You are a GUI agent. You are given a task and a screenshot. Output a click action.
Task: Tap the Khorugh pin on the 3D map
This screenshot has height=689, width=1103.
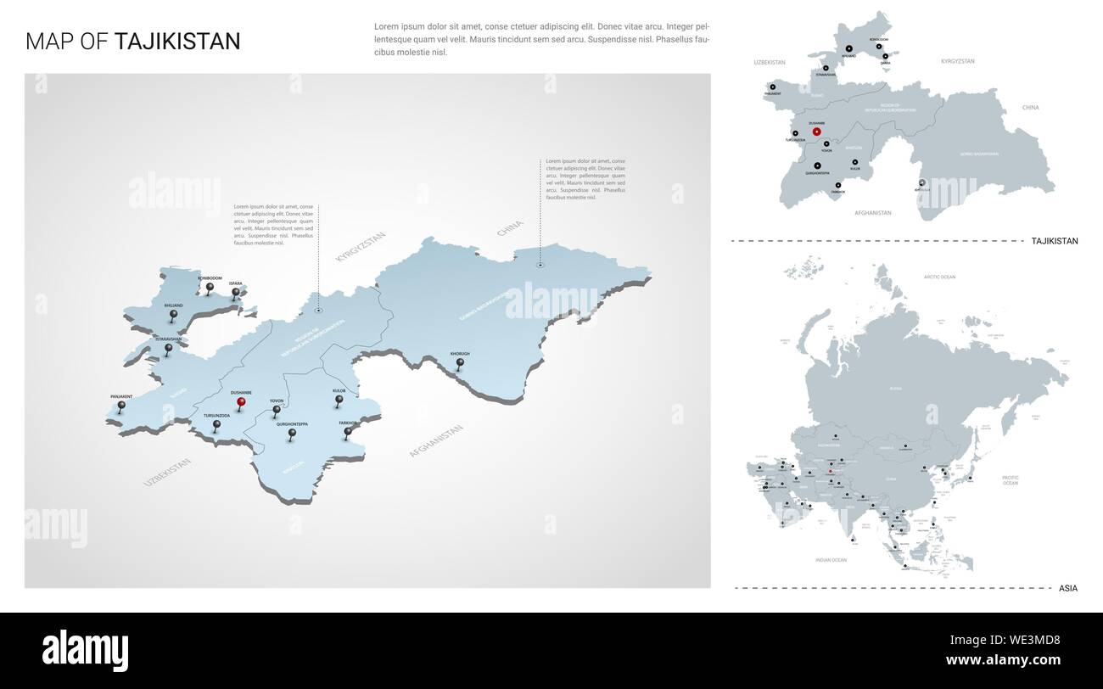(x=460, y=363)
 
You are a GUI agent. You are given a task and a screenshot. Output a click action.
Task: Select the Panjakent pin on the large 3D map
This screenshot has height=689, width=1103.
(x=120, y=406)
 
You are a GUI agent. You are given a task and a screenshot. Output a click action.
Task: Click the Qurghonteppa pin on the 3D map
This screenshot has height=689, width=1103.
(x=292, y=434)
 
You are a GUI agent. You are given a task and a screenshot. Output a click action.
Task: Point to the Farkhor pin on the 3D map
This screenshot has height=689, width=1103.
(x=348, y=432)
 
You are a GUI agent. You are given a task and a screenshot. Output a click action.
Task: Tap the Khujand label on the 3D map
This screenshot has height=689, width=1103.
(x=173, y=305)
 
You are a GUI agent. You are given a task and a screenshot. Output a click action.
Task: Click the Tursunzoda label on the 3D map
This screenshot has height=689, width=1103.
(x=216, y=415)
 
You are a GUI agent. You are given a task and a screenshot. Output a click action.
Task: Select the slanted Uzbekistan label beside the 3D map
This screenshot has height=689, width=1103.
(x=167, y=472)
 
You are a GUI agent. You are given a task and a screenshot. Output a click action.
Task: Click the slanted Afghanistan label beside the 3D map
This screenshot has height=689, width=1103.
(x=436, y=441)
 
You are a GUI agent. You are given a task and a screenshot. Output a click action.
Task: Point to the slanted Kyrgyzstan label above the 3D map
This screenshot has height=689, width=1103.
(x=361, y=245)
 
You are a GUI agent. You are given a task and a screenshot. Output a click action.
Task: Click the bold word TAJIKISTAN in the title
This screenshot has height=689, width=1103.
(x=177, y=42)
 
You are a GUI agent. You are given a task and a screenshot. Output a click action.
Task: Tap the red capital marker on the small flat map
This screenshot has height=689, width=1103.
(x=816, y=132)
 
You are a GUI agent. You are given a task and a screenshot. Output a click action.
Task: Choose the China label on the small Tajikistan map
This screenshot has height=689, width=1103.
(x=1030, y=108)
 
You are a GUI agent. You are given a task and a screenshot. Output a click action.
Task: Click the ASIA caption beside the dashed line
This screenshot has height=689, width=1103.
(x=1067, y=588)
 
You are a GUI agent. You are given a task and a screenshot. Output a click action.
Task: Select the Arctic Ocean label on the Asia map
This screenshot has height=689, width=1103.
(x=939, y=277)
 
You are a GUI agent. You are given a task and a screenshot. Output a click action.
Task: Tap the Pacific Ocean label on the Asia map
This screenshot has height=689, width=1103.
(x=1010, y=480)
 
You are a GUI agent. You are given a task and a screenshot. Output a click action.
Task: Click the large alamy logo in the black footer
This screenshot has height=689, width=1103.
(x=86, y=648)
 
